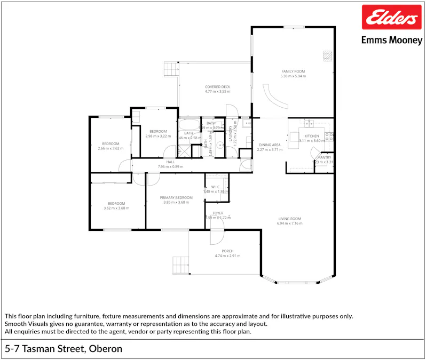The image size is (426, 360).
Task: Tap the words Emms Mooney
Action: [391, 40]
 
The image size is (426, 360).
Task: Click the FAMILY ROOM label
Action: [293, 71]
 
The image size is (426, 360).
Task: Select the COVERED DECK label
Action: [217, 87]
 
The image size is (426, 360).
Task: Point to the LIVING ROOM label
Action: [289, 219]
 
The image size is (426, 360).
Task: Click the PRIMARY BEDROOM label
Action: [176, 197]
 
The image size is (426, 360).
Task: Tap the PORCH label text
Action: [227, 251]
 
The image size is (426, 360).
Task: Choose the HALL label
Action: [170, 162]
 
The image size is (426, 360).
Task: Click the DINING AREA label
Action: [270, 145]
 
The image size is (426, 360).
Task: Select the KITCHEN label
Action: [312, 136]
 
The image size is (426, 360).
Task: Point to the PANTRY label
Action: [325, 157]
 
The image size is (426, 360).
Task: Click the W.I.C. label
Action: [216, 187]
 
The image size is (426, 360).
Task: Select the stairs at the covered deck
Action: [171, 69]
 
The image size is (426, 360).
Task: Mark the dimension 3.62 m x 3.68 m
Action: [116, 208]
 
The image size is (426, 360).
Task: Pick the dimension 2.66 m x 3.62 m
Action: [111, 148]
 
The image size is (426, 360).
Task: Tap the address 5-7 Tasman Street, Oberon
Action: [64, 349]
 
